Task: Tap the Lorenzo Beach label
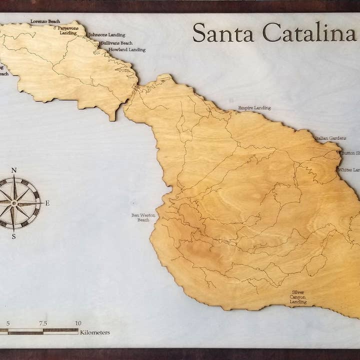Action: click(45, 21)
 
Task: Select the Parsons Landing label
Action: click(68, 31)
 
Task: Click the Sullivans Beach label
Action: click(116, 43)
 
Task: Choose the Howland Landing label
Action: click(127, 50)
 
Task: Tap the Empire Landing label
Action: click(254, 107)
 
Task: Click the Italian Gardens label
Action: click(327, 137)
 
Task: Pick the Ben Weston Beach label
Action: click(143, 217)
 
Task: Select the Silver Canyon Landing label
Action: click(298, 297)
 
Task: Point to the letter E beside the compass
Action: click(47, 203)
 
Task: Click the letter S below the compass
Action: click(13, 236)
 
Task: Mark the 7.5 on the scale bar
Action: click(43, 323)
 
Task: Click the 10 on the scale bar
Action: click(78, 323)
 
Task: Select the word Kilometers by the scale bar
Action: click(95, 332)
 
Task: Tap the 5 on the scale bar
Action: click(8, 323)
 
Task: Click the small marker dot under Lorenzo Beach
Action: click(30, 26)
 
